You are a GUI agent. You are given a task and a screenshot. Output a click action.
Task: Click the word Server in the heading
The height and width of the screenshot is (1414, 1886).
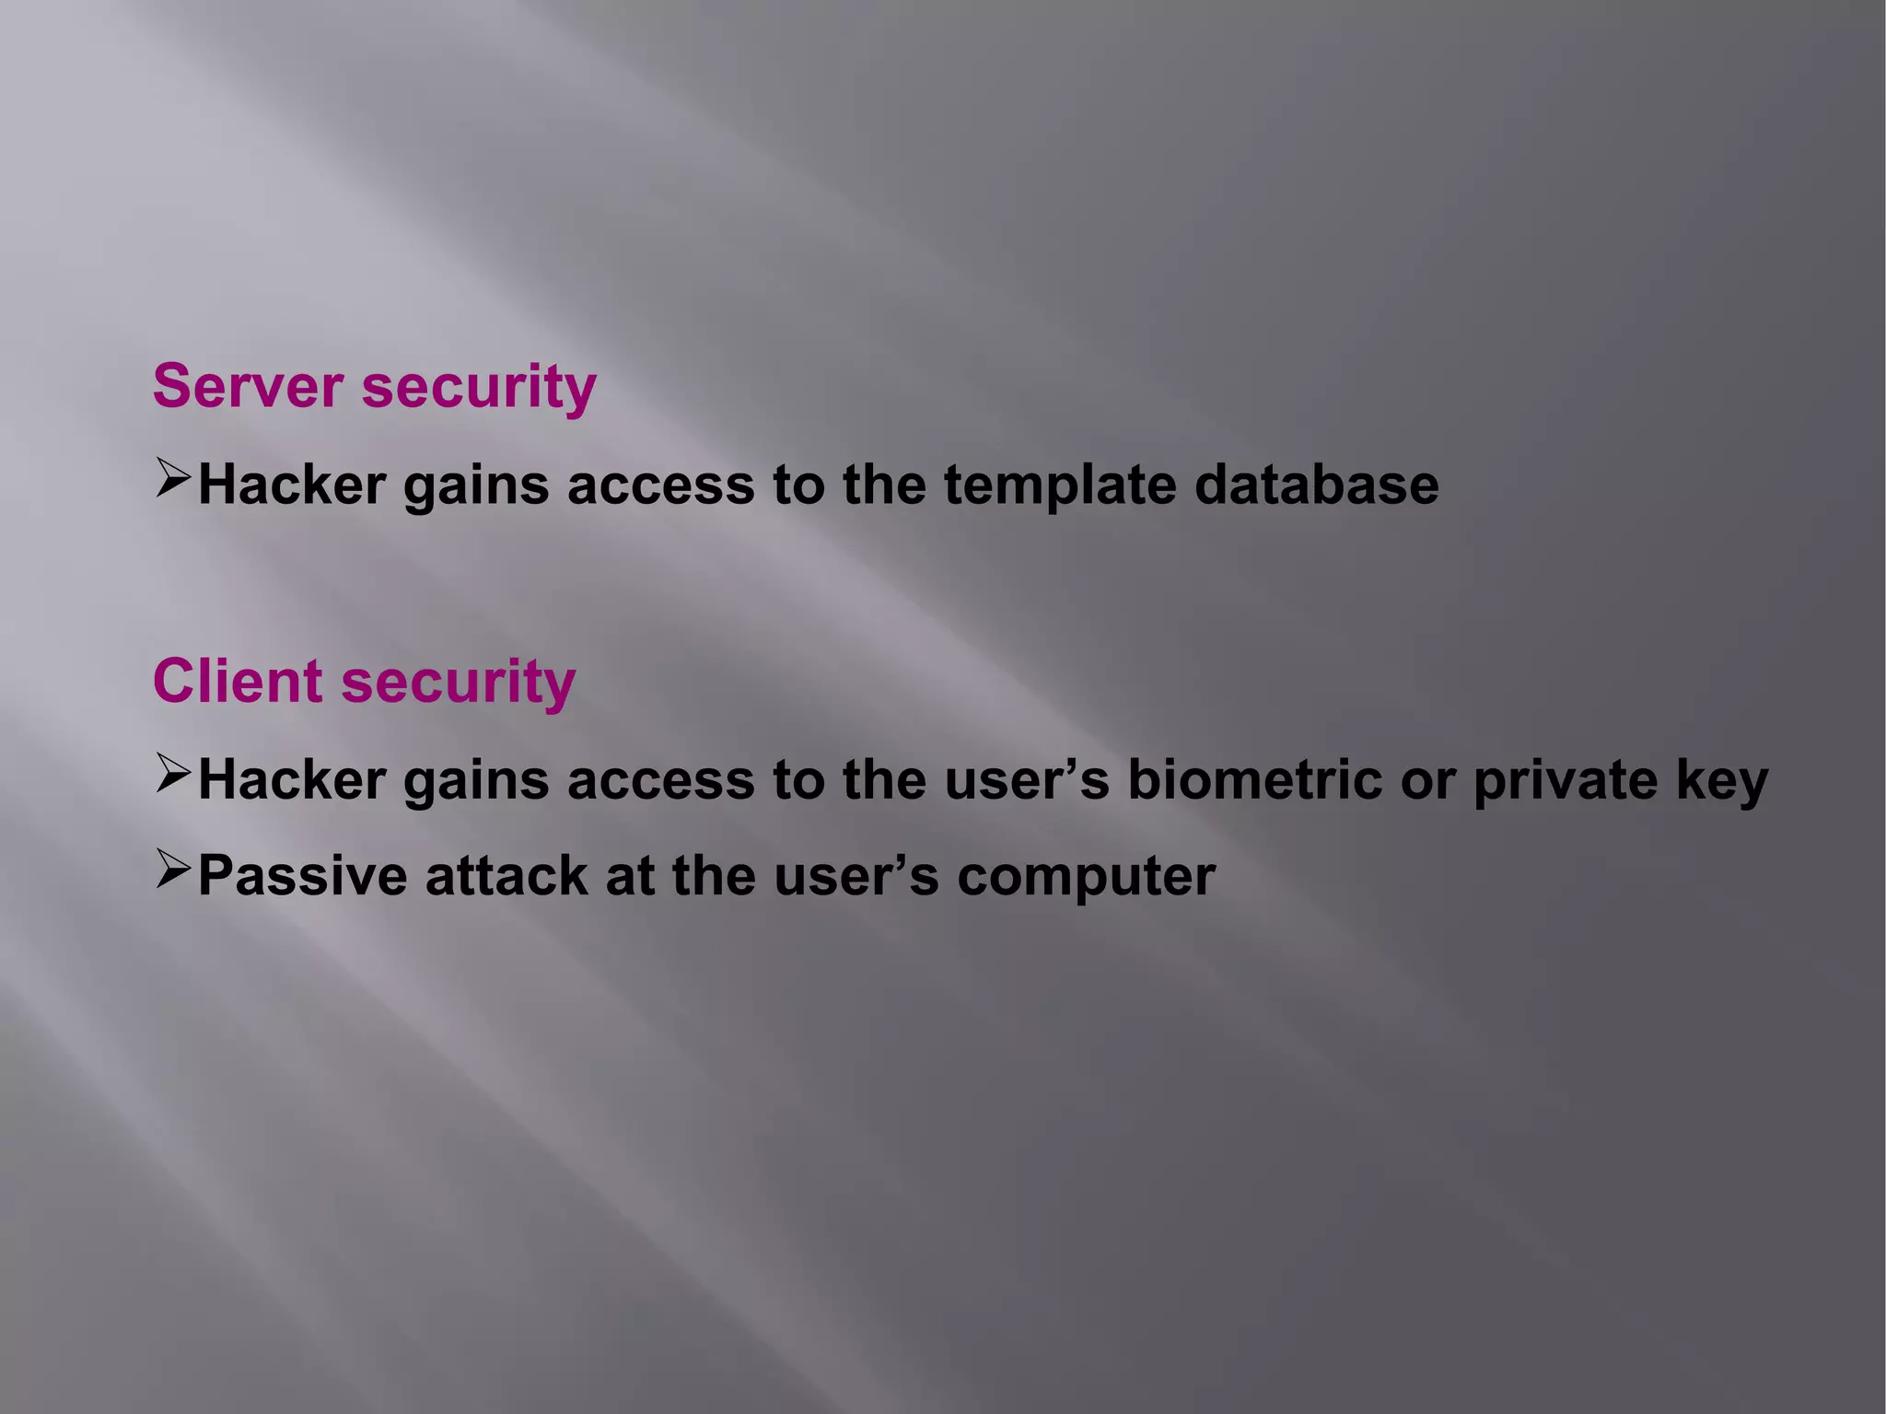click(248, 386)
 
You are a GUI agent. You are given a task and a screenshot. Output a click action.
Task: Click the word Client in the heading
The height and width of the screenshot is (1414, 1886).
click(238, 682)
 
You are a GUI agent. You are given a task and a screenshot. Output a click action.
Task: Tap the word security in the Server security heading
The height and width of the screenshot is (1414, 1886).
click(479, 388)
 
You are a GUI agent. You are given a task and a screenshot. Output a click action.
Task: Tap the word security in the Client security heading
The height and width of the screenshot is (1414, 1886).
click(459, 684)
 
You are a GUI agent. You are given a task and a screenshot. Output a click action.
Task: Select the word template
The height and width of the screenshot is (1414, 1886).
click(1060, 485)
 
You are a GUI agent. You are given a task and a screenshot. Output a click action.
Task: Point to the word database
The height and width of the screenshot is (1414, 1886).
click(1316, 485)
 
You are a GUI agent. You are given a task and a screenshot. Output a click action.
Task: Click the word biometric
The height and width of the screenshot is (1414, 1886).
click(1255, 780)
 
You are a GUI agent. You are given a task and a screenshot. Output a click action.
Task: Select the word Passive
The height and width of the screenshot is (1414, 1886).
click(302, 875)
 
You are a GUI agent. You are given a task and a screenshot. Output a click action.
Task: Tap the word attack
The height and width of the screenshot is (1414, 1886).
click(506, 875)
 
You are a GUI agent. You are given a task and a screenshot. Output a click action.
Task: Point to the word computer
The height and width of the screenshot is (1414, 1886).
click(1086, 877)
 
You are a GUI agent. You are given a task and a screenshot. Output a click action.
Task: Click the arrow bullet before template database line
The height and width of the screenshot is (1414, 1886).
click(172, 479)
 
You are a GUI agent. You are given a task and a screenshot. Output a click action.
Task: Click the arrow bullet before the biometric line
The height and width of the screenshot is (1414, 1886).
click(172, 774)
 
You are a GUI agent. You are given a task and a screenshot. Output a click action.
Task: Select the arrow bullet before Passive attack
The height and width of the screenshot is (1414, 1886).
click(172, 869)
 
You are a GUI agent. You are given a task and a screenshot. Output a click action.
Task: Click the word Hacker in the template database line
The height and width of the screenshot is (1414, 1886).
click(292, 485)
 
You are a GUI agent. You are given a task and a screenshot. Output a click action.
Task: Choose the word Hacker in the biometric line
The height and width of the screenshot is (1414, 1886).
click(292, 780)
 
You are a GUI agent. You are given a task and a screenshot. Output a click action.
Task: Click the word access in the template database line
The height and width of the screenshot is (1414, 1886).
click(660, 485)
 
